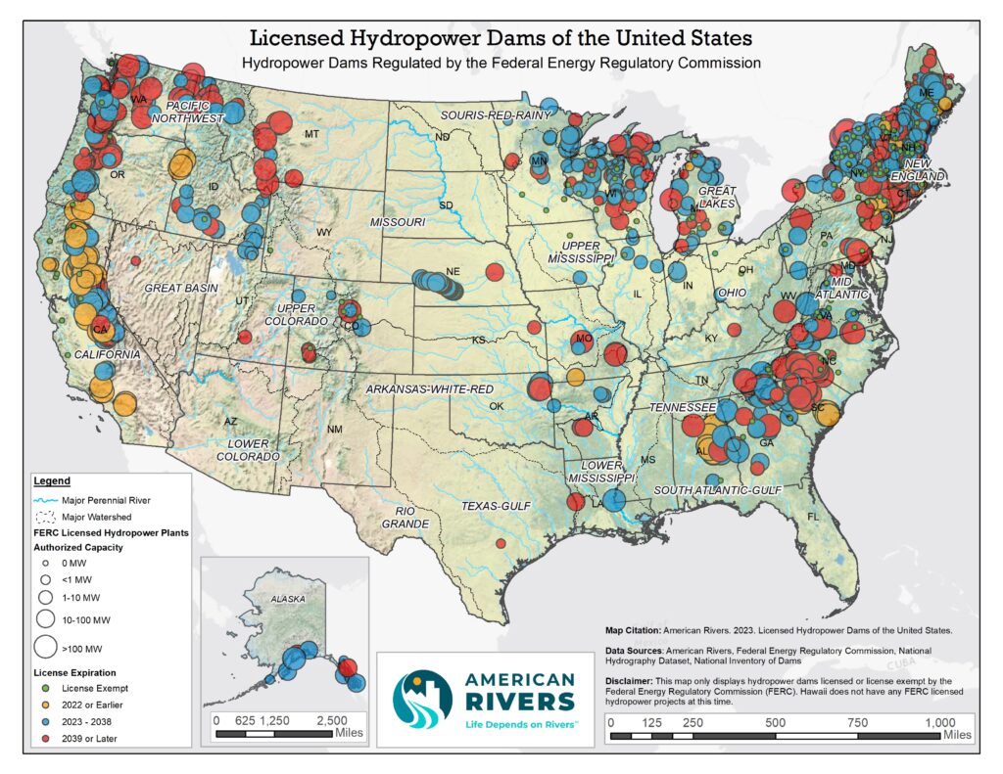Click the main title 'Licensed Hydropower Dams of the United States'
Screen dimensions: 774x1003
click(501, 39)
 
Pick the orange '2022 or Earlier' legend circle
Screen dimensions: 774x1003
click(45, 706)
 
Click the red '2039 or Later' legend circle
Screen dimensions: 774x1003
click(45, 740)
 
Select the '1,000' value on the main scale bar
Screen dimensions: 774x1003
click(939, 722)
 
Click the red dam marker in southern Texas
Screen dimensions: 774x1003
click(501, 543)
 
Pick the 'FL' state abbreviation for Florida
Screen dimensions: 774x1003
click(812, 516)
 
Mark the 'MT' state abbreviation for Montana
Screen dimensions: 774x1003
click(312, 134)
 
